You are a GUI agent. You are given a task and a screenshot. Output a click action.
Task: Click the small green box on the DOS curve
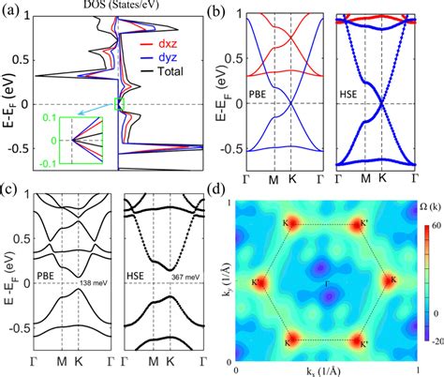(x=117, y=103)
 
